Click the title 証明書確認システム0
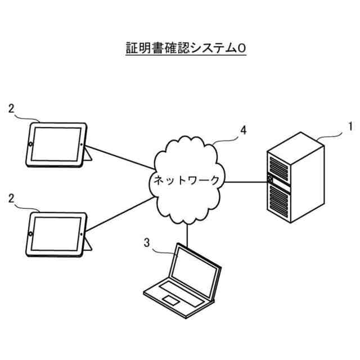click(x=186, y=48)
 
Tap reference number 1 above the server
click(x=350, y=127)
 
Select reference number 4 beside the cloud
click(x=243, y=130)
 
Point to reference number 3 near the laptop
click(x=147, y=243)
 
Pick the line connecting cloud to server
click(x=245, y=181)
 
